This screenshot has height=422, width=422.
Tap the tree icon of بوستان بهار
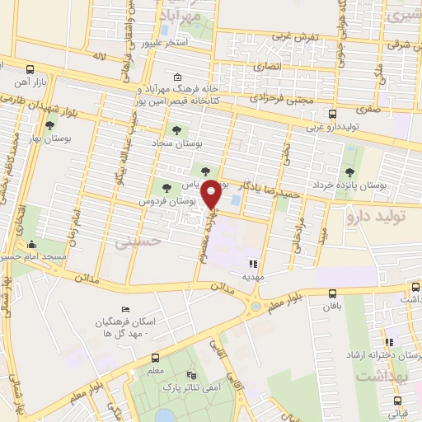[x=51, y=126]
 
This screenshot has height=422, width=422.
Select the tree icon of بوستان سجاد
[x=175, y=129]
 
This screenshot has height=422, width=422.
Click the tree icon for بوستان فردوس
[x=167, y=189]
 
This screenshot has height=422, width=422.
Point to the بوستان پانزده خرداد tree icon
[x=350, y=172]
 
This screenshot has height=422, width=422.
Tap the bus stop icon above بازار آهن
[x=30, y=70]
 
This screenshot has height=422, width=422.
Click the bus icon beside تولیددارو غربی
[x=332, y=115]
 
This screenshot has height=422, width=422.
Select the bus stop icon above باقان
[x=332, y=293]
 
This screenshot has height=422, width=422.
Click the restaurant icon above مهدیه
[x=253, y=265]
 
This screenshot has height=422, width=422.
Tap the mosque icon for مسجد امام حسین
[x=31, y=245]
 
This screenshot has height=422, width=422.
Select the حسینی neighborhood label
[x=134, y=243]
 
